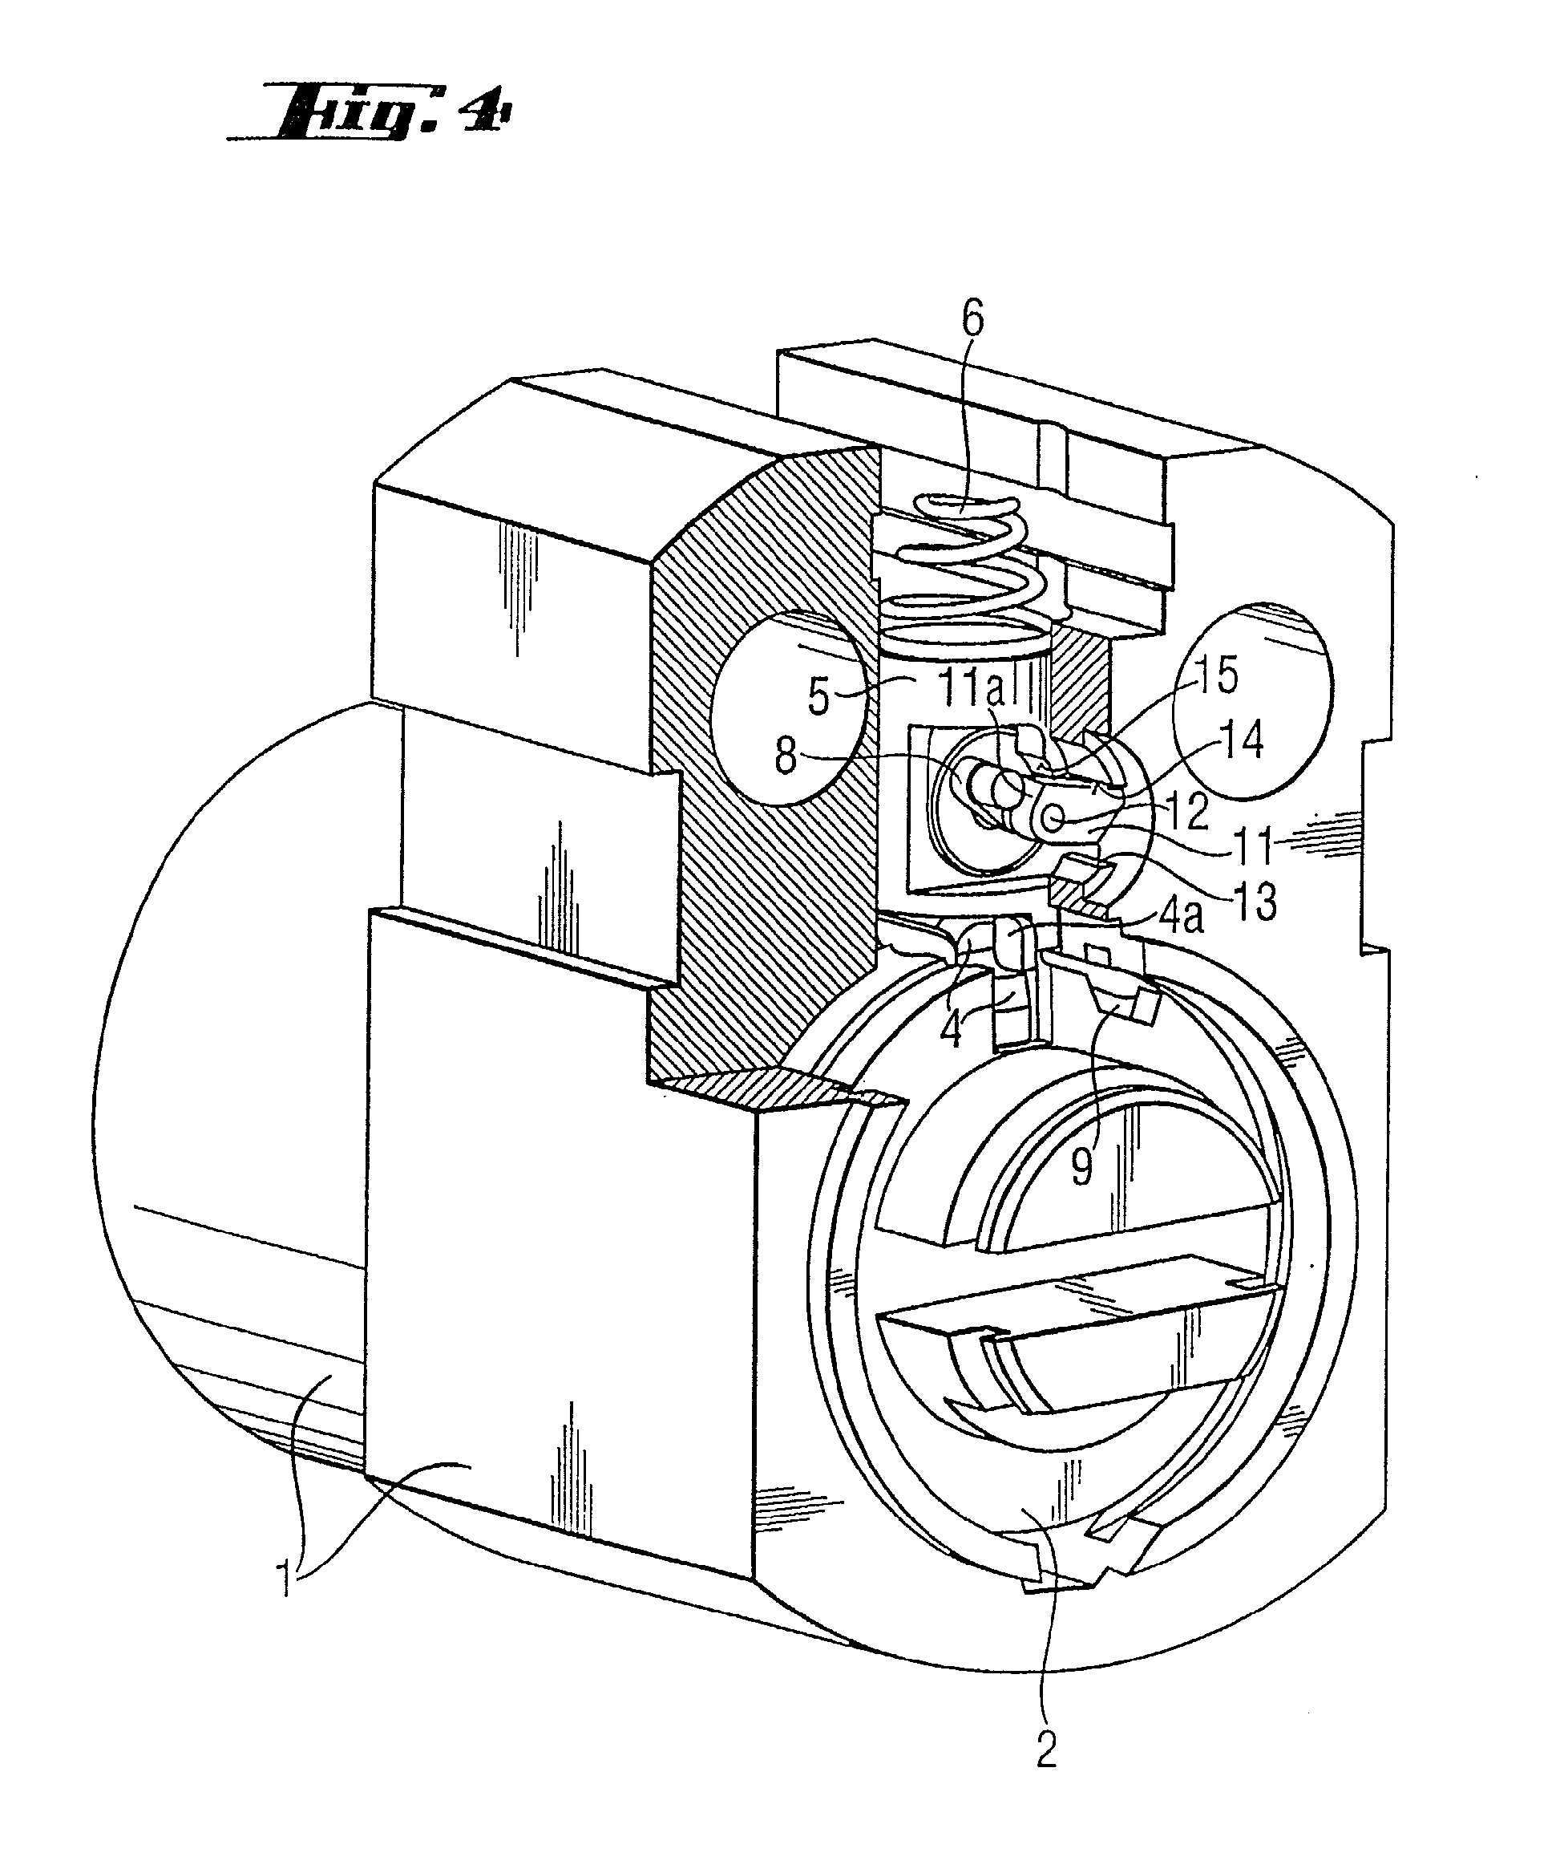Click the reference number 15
click(x=1219, y=676)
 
